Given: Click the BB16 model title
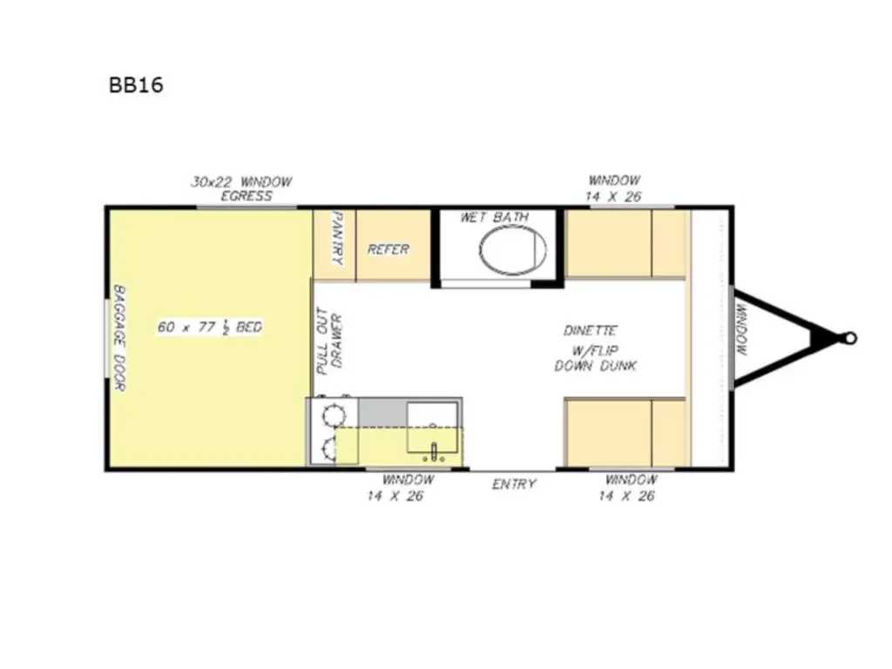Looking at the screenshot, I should pyautogui.click(x=135, y=85).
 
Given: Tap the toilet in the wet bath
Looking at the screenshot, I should pyautogui.click(x=512, y=249).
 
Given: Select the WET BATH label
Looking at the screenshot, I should pyautogui.click(x=494, y=217).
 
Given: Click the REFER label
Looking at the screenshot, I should pyautogui.click(x=388, y=249).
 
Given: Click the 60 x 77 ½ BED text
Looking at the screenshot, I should pyautogui.click(x=210, y=328).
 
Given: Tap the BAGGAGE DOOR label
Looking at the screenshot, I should pyautogui.click(x=119, y=338).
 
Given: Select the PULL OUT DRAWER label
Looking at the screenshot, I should pyautogui.click(x=329, y=341).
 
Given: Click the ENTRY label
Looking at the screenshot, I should pyautogui.click(x=514, y=484).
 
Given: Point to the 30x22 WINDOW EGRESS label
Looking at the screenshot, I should pyautogui.click(x=241, y=189).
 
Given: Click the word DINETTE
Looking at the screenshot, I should pyautogui.click(x=590, y=331).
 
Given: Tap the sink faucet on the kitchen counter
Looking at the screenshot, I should pyautogui.click(x=433, y=451).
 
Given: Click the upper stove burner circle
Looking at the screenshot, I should pyautogui.click(x=332, y=414).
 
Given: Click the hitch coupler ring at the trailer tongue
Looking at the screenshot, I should pyautogui.click(x=850, y=338).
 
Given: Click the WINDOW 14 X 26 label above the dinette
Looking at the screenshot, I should pyautogui.click(x=613, y=189).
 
